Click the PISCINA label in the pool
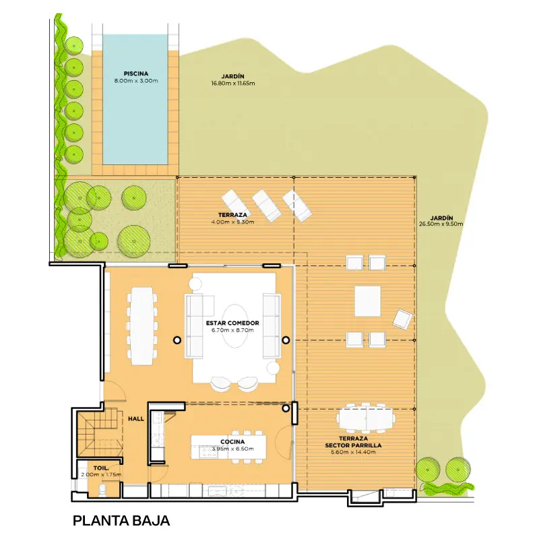point(136,73)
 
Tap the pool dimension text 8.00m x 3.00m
point(136,81)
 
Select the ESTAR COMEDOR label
point(232,323)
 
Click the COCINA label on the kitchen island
point(232,442)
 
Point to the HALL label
point(136,418)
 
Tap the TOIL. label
point(101,468)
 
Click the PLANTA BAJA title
point(121,520)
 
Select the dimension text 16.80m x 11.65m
point(233,83)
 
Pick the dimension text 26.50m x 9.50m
point(441,224)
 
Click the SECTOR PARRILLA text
point(353,445)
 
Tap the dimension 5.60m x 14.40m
point(353,452)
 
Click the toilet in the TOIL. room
point(103,490)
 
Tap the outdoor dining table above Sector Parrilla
point(366,418)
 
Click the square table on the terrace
point(367,301)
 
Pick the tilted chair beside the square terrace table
point(402,319)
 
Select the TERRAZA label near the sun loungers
point(232,215)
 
